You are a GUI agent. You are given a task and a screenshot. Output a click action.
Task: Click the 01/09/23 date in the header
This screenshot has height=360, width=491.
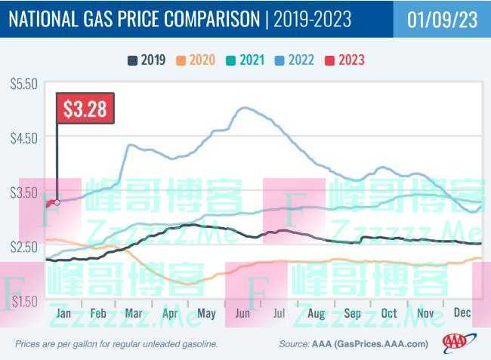[442, 20]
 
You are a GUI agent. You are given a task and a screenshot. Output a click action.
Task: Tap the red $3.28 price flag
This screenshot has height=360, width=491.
[85, 109]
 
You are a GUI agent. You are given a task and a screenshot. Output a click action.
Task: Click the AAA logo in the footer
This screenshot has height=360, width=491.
[455, 343]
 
